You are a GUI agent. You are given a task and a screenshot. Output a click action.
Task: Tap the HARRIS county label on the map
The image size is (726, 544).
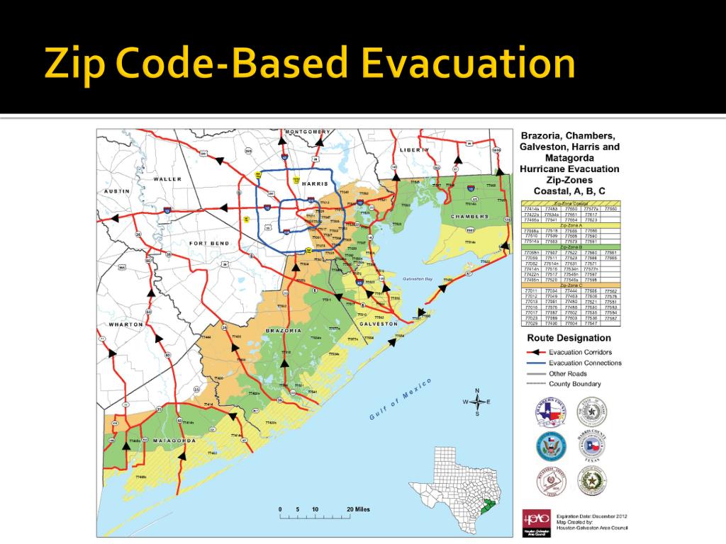pos(314,183)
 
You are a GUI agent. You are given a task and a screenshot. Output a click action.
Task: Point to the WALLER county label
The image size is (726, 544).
pos(167,179)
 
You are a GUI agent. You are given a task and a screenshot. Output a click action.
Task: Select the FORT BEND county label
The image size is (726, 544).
pos(208,243)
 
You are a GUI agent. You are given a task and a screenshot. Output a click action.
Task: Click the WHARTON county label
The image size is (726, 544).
pos(125,324)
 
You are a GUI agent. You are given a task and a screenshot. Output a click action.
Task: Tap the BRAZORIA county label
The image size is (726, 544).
pos(284,331)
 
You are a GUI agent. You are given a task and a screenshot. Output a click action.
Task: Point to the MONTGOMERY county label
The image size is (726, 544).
pos(307,132)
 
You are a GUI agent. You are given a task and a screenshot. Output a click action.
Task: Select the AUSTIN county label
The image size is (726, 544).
pos(116,191)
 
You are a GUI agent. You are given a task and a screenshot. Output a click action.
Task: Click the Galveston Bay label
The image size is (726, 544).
pos(418,279)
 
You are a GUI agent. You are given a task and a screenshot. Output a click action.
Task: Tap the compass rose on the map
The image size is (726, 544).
pos(477,402)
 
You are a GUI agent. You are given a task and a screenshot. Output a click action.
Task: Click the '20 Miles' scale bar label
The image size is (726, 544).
pos(358,509)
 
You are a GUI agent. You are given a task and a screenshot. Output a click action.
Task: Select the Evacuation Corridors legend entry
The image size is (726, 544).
pos(580,352)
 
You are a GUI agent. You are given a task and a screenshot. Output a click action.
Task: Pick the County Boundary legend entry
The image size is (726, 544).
pos(574,384)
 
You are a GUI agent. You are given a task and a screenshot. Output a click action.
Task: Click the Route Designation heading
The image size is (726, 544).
pos(569,338)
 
